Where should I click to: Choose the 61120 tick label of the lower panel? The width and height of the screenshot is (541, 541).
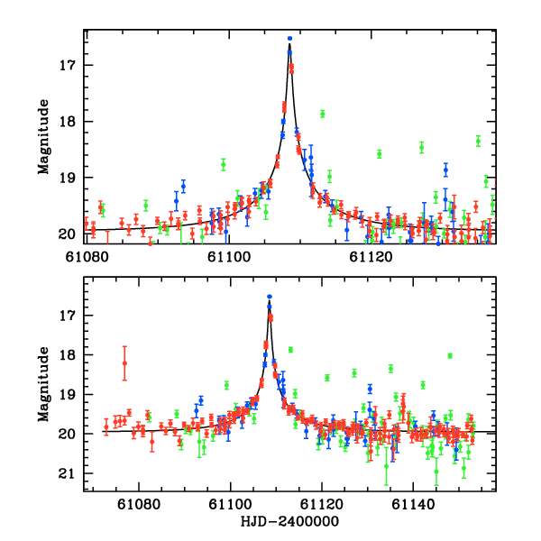322,508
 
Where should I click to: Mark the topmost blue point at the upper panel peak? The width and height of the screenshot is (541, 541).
289,38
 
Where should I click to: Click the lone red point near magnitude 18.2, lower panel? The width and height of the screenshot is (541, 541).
124,362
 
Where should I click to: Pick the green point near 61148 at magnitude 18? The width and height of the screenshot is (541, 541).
449,355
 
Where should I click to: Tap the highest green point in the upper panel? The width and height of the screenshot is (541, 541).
322,114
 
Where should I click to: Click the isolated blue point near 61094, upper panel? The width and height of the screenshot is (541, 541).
183,186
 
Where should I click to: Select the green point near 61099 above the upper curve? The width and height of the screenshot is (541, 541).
223,164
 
